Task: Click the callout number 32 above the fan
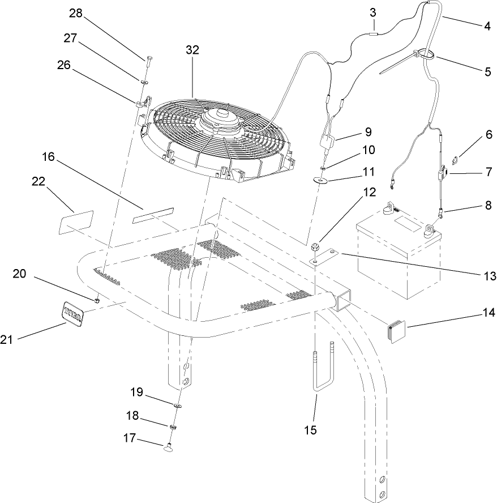(x=192, y=50)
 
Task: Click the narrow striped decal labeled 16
(x=155, y=216)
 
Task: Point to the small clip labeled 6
(x=445, y=159)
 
